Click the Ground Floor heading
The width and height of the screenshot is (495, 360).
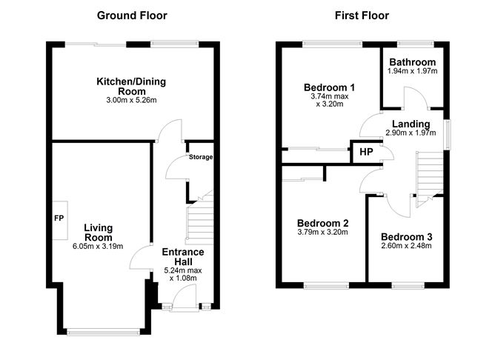[133, 16]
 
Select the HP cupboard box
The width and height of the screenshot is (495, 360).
[365, 152]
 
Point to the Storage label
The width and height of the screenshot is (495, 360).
[200, 157]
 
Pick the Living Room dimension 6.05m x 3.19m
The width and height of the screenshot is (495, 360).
[98, 246]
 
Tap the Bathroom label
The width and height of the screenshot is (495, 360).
[411, 62]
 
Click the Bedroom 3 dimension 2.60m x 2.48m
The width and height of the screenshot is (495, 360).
[406, 246]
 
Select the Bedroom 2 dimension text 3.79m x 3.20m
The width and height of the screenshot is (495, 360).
[322, 232]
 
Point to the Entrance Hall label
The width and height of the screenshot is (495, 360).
[182, 257]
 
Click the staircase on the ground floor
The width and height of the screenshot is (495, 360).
[198, 220]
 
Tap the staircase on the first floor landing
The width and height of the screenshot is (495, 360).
[429, 174]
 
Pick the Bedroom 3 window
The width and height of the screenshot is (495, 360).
[406, 284]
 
